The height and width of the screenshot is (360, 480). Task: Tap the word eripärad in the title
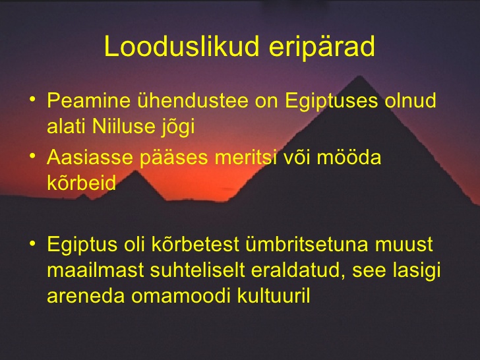(x=322, y=47)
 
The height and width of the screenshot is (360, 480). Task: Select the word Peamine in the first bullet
(x=89, y=100)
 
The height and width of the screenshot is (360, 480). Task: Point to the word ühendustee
(x=193, y=100)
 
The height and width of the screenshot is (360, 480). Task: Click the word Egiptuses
(x=332, y=102)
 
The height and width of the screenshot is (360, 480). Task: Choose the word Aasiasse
(x=90, y=157)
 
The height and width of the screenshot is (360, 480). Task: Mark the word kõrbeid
(x=82, y=183)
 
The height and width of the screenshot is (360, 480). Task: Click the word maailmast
(x=96, y=270)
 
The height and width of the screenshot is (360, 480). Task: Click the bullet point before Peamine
(x=32, y=99)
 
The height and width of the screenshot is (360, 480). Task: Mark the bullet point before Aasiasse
(x=32, y=156)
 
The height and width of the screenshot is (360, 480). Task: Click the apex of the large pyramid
(x=359, y=76)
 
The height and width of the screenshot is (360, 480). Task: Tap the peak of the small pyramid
(x=135, y=171)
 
